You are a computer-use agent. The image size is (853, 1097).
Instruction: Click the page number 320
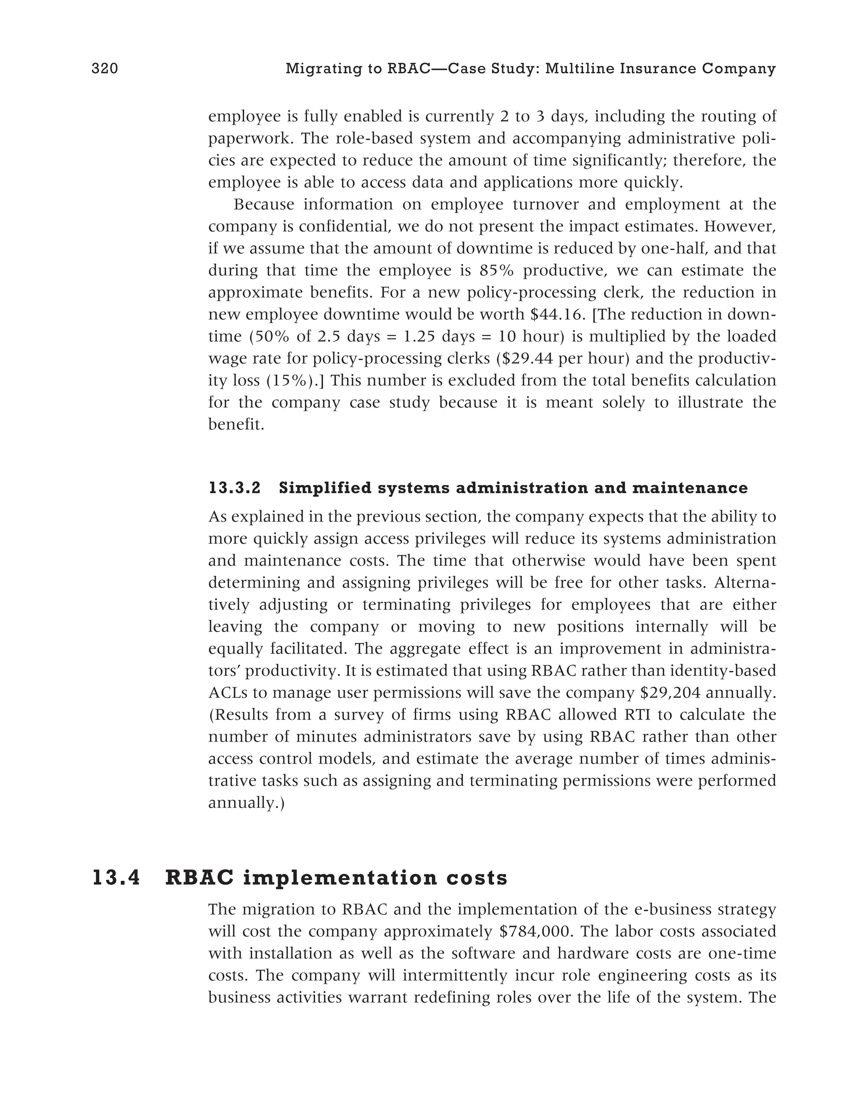[x=105, y=69]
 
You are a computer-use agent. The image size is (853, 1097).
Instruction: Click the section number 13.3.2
[x=234, y=488]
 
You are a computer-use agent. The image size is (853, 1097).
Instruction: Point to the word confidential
[x=345, y=227]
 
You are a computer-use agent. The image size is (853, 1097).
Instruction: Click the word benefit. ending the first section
[x=236, y=425]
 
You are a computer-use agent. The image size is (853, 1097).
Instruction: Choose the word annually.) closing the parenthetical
[x=247, y=803]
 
